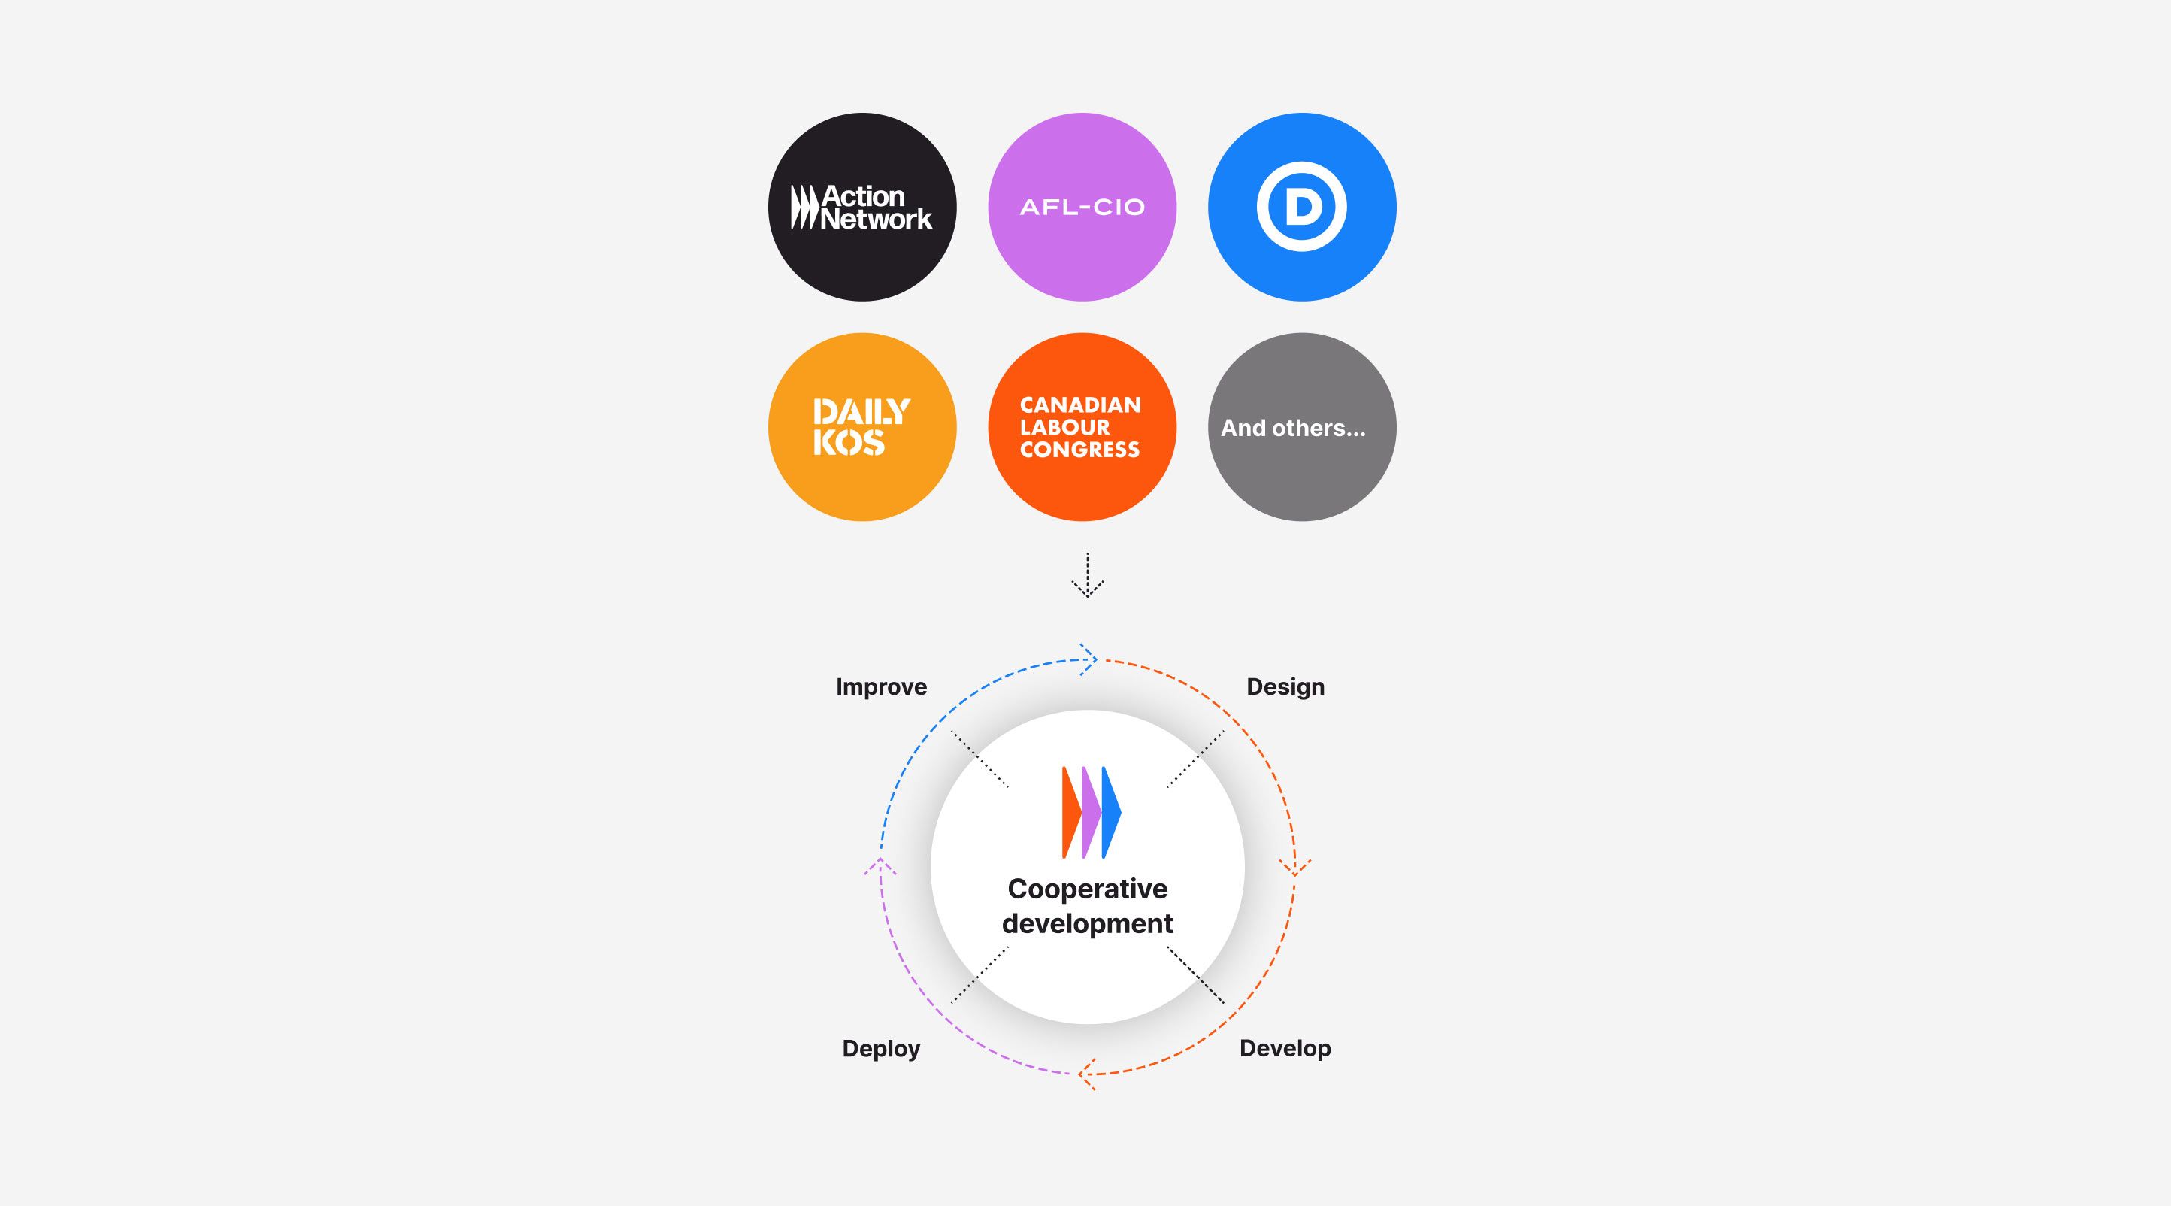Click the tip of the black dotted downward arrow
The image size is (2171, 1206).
point(1087,597)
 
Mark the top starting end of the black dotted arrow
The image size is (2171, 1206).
point(1087,553)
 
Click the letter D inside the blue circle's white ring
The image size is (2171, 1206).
point(1302,208)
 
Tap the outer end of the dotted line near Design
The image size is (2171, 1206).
point(1224,732)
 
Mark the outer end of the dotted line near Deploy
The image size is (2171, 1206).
point(952,1003)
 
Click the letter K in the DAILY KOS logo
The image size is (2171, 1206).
point(822,442)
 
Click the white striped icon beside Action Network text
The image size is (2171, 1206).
point(804,208)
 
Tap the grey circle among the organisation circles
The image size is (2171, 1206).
point(1302,427)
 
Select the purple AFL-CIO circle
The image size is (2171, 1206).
point(1082,208)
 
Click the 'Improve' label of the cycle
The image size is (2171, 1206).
point(882,688)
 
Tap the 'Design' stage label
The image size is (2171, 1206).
point(1285,688)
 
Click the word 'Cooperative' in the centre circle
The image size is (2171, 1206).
point(1087,890)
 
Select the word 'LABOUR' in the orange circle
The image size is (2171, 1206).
point(1065,427)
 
